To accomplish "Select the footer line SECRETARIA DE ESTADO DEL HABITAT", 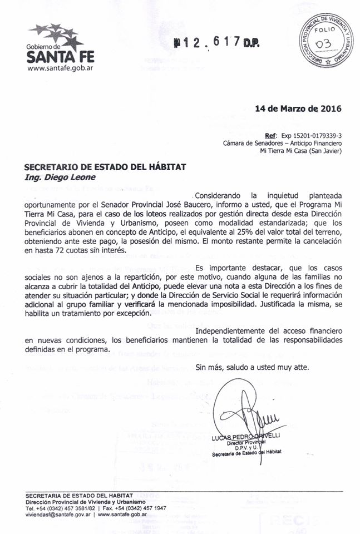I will tap(79, 495).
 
